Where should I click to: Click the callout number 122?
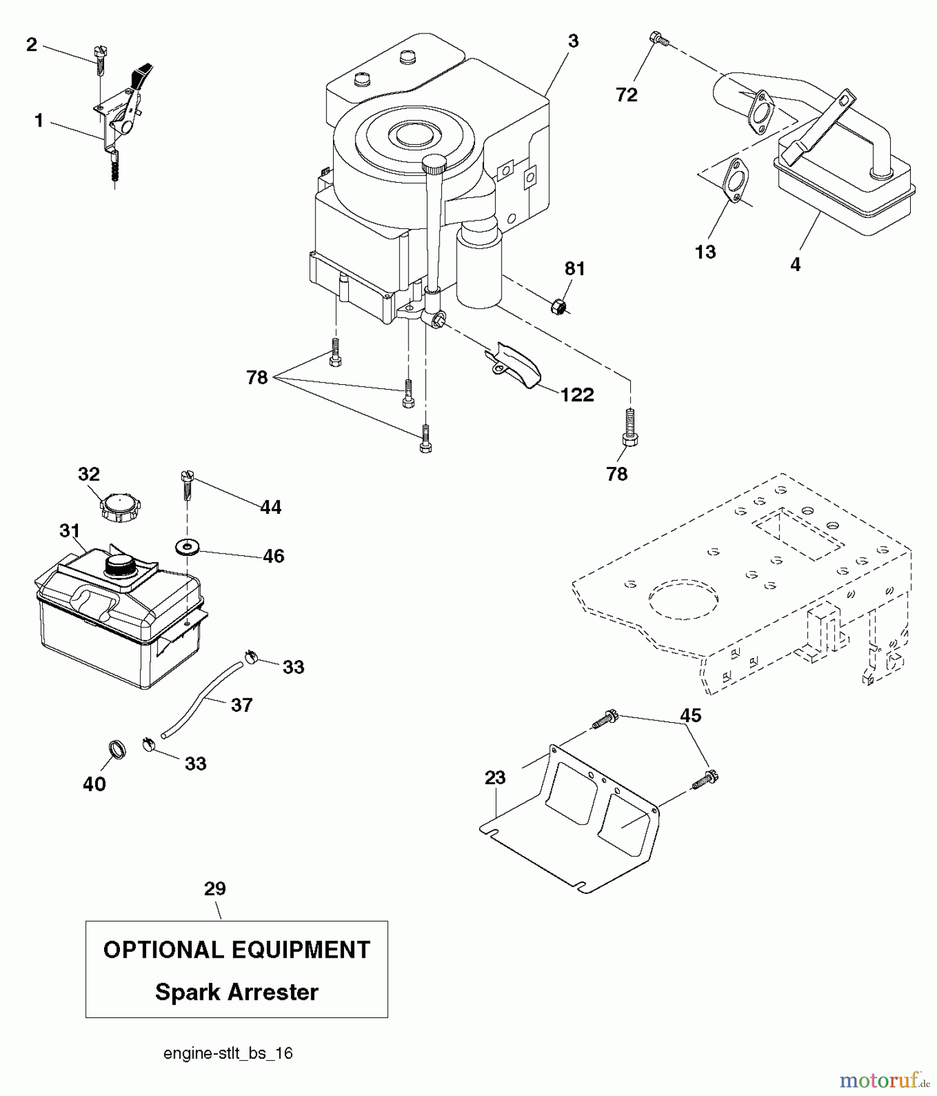tap(577, 395)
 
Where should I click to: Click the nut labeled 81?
tap(558, 307)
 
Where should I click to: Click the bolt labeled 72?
tap(658, 40)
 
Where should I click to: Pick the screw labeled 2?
tap(100, 61)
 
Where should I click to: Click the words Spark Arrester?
tap(236, 992)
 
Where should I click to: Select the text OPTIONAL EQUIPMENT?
tap(236, 950)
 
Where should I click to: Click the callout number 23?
tap(496, 778)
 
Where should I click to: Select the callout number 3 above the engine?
tap(573, 41)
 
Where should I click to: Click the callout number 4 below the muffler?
tap(795, 264)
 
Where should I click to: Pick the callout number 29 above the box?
tap(215, 888)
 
